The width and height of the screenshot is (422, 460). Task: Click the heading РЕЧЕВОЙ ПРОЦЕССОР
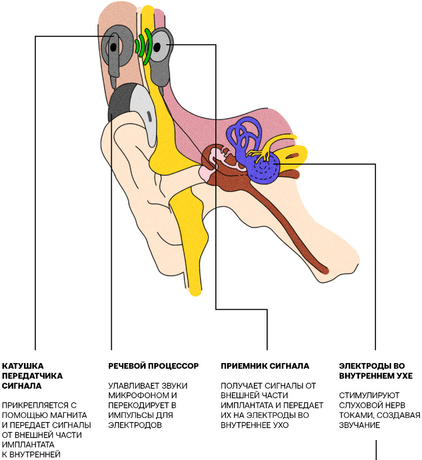[x=153, y=366]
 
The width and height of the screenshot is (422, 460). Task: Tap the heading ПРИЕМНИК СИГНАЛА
[x=265, y=366]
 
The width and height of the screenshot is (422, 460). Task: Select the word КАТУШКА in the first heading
[x=23, y=366]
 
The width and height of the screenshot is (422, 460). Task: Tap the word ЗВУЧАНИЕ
[x=358, y=425]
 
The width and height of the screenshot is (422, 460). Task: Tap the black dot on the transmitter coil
[x=113, y=47]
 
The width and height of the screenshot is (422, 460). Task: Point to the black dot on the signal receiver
[x=169, y=46]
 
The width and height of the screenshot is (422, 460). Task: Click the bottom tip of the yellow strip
[x=195, y=291]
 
